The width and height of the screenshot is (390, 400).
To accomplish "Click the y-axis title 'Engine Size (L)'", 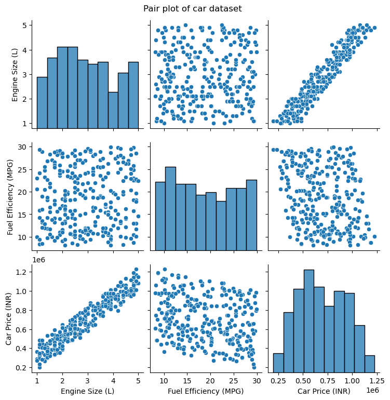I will (x=15, y=73).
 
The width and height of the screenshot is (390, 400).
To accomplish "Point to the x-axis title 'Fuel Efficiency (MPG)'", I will (x=206, y=391).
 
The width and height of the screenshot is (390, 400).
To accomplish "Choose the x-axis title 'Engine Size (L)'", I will (x=87, y=391).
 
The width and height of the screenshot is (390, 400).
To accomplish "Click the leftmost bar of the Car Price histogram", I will (x=278, y=362).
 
